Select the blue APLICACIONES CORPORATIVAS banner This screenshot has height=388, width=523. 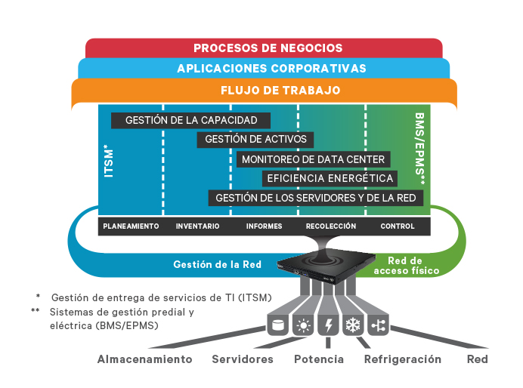point(271,69)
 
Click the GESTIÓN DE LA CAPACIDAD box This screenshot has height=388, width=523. point(190,120)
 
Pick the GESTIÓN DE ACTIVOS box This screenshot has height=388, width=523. point(255,140)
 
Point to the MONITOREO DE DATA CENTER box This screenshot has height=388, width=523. point(314,159)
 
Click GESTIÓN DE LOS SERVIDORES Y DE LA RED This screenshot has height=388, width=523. point(315,198)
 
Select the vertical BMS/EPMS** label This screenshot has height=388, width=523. point(420,149)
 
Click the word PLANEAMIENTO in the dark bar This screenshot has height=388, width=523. point(131,226)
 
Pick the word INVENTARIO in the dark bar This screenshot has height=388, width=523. point(197,226)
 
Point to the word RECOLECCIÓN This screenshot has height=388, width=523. point(331,226)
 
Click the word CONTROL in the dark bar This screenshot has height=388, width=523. point(398,226)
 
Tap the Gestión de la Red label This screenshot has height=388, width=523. point(217,264)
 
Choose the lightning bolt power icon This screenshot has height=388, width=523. point(328,326)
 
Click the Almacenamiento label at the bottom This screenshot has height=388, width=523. point(144,359)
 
